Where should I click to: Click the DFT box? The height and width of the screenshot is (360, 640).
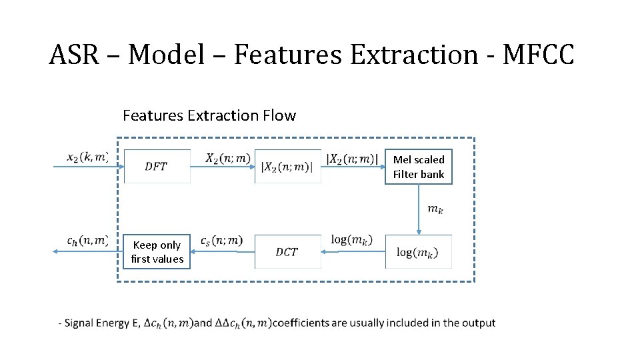point(157,166)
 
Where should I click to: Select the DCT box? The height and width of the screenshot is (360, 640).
point(287,251)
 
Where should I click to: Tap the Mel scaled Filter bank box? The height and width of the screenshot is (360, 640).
point(419,167)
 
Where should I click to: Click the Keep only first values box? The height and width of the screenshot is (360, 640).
point(157,251)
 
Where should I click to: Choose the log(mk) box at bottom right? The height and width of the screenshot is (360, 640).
point(419,251)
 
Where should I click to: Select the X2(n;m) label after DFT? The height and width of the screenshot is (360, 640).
point(228,158)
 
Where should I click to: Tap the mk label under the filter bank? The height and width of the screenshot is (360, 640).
point(435,209)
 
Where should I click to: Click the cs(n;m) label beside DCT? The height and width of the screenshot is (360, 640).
point(221,241)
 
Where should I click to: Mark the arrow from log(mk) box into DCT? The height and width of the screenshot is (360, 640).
point(353,251)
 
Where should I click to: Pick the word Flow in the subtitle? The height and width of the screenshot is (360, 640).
point(279,115)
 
